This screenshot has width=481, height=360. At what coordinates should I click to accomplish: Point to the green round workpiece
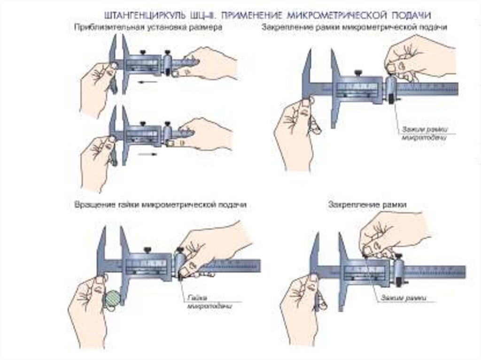(x=112, y=299)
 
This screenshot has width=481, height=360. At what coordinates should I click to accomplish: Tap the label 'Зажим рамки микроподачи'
(x=422, y=133)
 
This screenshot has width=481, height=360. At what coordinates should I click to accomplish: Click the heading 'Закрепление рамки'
(x=367, y=205)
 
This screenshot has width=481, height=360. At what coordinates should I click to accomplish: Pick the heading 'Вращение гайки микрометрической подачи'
(x=160, y=205)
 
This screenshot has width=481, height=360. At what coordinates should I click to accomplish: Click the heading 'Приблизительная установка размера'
(x=148, y=28)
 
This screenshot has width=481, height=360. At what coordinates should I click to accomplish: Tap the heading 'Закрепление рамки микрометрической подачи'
(x=354, y=28)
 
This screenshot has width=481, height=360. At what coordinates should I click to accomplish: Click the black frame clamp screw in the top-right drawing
(x=358, y=73)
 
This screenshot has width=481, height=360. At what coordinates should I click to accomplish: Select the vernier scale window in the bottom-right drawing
(x=366, y=271)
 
